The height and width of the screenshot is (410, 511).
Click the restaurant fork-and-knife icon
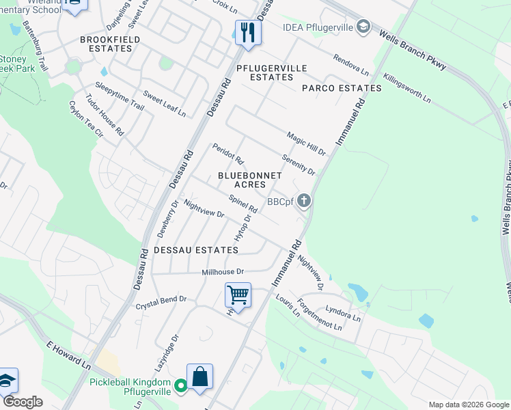[x=248, y=31]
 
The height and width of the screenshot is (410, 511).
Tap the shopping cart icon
[x=238, y=295]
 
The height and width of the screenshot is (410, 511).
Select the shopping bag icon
[x=199, y=377]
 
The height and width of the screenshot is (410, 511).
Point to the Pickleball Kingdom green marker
[x=180, y=385]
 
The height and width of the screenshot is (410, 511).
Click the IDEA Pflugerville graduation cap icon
[x=364, y=27]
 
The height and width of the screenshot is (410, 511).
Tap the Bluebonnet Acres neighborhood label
[x=249, y=180]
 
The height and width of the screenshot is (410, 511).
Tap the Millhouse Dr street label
[x=223, y=272]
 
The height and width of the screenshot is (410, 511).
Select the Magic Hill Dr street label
[x=306, y=143]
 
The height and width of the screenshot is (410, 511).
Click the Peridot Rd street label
[x=228, y=154]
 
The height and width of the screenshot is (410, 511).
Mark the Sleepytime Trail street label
[x=120, y=96]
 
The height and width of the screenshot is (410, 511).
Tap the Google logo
[x=23, y=402]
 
